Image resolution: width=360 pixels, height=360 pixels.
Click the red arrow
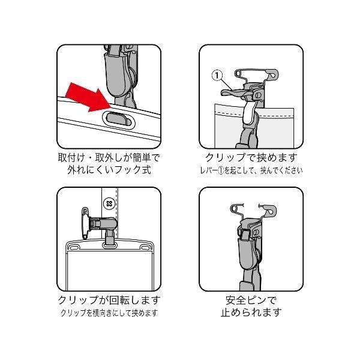coord(88,98)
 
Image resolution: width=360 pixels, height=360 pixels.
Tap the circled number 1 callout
coord(217,76)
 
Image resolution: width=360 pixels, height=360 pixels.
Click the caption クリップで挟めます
coord(251,157)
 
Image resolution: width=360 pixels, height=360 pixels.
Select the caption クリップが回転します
coord(109,300)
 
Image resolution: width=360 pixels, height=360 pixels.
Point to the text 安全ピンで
coord(251,300)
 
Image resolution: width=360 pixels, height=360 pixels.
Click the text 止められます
coord(251,312)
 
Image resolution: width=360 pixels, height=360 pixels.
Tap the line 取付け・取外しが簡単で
coord(109,157)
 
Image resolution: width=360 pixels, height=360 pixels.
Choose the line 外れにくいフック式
coord(109,170)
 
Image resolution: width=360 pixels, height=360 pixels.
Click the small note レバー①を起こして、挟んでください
coord(251,170)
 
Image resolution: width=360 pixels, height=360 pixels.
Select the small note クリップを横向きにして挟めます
coord(109,313)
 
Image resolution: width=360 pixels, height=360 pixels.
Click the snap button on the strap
coord(109,203)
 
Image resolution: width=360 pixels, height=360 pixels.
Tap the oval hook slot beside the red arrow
coord(119,119)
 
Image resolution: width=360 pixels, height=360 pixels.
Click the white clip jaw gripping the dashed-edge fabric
coord(248,112)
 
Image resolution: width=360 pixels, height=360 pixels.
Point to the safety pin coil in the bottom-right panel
coord(234,209)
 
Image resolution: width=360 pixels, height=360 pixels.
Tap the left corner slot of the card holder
coord(73,247)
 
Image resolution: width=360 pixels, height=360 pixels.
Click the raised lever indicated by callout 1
coord(232,92)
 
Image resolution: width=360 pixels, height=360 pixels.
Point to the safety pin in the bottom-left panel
coord(85,223)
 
